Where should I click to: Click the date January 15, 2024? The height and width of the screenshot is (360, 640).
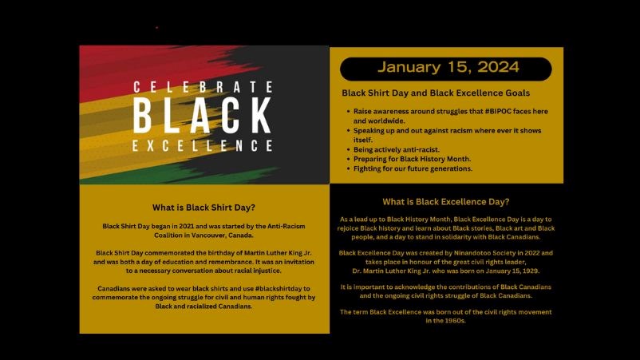coord(448,67)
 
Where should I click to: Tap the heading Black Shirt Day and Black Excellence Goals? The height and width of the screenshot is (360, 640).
coord(436,93)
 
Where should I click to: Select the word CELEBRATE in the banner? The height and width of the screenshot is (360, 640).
coord(203,87)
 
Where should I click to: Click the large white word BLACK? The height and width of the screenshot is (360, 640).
coord(202,116)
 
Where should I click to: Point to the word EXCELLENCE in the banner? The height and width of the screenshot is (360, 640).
coord(203,146)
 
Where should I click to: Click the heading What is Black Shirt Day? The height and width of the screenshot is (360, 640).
coord(203,208)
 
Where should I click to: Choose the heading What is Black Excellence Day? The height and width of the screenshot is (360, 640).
coord(446,202)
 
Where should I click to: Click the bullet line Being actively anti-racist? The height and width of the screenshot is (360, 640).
coord(397,149)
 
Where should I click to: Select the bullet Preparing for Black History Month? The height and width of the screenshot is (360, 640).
coord(412,159)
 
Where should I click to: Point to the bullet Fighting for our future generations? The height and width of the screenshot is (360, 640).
coord(413,168)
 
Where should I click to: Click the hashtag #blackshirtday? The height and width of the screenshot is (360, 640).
coord(279,289)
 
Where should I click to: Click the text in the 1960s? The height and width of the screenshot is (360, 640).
coord(446,321)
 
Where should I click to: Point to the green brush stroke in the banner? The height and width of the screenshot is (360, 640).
coord(180,176)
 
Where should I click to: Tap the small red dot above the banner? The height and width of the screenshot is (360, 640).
coord(156,28)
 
